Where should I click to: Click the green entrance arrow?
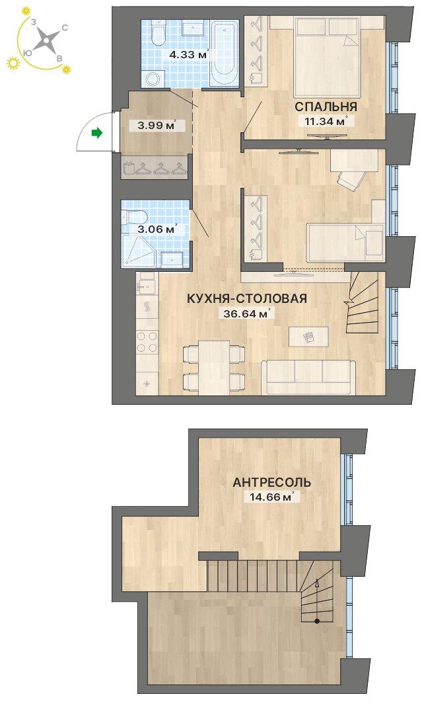coord(96,133)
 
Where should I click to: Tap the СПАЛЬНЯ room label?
coord(326,107)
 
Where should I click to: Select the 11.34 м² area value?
coord(324,121)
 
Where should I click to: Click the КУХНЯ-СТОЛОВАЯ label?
coord(247,298)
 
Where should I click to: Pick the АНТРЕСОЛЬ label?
coord(271,482)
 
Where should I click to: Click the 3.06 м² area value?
coord(157,230)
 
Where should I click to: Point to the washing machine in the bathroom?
coord(152,79)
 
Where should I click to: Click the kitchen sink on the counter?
coord(146,286)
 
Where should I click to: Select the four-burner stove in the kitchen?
coord(148,342)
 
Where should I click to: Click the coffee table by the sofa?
coord(309,337)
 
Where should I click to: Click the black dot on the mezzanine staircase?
coord(317,621)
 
